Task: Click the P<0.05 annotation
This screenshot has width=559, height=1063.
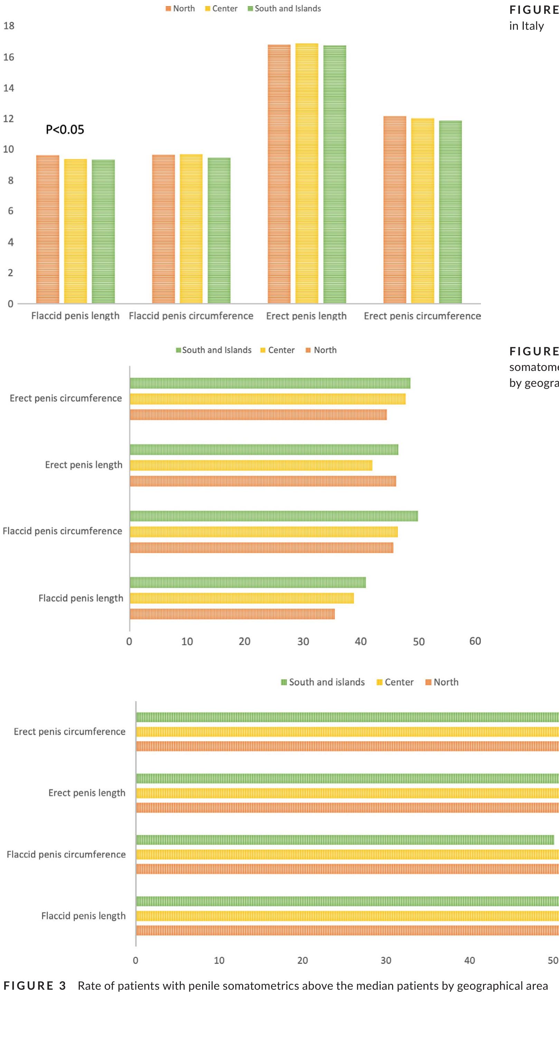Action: click(x=65, y=130)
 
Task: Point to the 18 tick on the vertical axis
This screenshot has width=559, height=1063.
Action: click(x=9, y=26)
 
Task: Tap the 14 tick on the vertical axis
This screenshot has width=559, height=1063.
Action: click(x=9, y=88)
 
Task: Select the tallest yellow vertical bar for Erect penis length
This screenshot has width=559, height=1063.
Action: click(x=306, y=173)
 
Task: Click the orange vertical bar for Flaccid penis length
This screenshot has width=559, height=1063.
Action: click(x=47, y=229)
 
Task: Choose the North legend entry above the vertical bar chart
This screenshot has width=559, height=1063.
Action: click(x=180, y=9)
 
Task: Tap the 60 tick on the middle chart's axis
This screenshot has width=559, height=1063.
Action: click(x=475, y=641)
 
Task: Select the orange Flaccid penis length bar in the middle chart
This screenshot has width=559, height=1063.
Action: click(x=232, y=614)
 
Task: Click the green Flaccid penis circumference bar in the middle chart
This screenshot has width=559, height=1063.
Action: click(x=274, y=516)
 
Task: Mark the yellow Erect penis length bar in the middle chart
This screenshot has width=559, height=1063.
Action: click(x=251, y=465)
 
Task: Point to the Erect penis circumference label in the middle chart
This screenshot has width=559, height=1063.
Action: click(x=66, y=398)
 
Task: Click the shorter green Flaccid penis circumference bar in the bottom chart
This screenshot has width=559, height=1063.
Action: click(x=345, y=839)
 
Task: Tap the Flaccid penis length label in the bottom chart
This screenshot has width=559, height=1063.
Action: click(x=83, y=916)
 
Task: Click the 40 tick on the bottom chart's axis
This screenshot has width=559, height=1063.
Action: click(x=469, y=960)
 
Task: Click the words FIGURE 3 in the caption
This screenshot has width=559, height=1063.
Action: click(x=35, y=986)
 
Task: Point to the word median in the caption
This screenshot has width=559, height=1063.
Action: click(x=378, y=986)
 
